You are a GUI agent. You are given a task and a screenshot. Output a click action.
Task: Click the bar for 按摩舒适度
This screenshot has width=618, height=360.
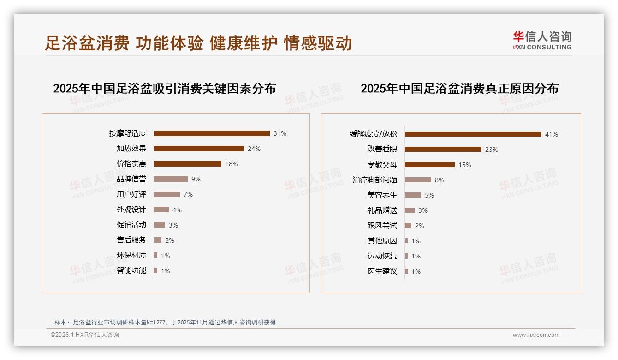click(212, 133)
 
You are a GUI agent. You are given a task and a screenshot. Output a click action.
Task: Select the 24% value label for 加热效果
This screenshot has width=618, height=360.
click(254, 149)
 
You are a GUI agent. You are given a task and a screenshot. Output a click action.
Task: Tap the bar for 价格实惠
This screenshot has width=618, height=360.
click(188, 164)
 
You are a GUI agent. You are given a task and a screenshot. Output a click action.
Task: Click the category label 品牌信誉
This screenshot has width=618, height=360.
click(131, 179)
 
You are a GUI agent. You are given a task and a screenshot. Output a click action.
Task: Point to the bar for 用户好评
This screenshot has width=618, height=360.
click(167, 194)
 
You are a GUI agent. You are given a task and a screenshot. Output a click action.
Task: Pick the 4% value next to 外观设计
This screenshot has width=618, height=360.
click(177, 210)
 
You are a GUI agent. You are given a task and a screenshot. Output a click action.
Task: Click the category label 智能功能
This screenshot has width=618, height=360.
click(131, 270)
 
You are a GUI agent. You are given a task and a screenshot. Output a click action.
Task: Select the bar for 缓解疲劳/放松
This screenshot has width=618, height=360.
click(473, 134)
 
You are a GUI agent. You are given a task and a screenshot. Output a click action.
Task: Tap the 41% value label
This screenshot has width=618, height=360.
click(552, 134)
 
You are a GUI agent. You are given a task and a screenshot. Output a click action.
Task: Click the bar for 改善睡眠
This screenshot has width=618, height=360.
click(443, 150)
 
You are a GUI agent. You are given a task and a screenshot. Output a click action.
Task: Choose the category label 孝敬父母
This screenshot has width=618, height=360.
click(382, 165)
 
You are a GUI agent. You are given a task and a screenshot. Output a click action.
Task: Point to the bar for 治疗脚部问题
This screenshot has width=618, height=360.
click(418, 180)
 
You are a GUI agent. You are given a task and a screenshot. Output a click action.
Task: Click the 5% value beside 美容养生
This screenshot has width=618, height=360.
click(429, 195)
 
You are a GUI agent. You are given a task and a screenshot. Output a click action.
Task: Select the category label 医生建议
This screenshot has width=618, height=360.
click(382, 271)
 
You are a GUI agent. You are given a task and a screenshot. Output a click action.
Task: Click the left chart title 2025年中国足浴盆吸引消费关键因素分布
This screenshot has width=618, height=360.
click(165, 89)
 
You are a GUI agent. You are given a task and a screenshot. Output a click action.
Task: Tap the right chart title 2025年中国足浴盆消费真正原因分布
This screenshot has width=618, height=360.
click(459, 89)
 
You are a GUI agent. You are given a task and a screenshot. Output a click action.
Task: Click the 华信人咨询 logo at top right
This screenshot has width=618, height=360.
click(542, 40)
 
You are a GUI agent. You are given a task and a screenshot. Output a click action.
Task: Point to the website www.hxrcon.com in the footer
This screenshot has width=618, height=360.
click(536, 335)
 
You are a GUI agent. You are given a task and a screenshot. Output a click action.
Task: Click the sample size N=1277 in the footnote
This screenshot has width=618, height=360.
click(157, 322)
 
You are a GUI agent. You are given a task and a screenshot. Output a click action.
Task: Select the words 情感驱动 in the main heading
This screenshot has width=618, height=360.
click(318, 43)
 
